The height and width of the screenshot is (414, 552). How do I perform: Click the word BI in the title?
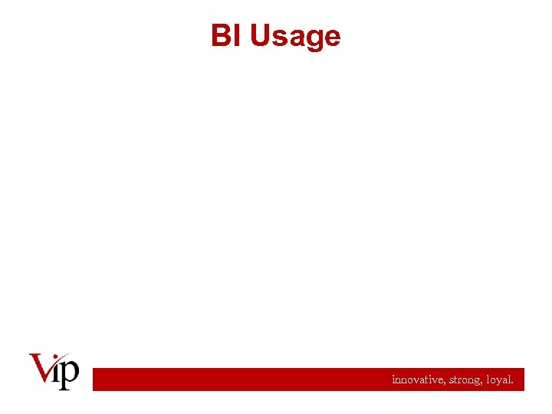[227, 36]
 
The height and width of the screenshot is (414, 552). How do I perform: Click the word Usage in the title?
[295, 36]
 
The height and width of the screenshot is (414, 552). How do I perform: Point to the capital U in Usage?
[259, 36]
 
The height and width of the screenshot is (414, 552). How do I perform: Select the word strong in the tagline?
[462, 380]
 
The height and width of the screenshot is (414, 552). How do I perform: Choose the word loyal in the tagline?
[498, 380]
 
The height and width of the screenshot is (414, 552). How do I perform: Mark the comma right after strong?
[481, 383]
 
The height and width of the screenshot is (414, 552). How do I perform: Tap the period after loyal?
[513, 383]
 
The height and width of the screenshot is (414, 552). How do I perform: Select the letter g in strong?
[476, 381]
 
